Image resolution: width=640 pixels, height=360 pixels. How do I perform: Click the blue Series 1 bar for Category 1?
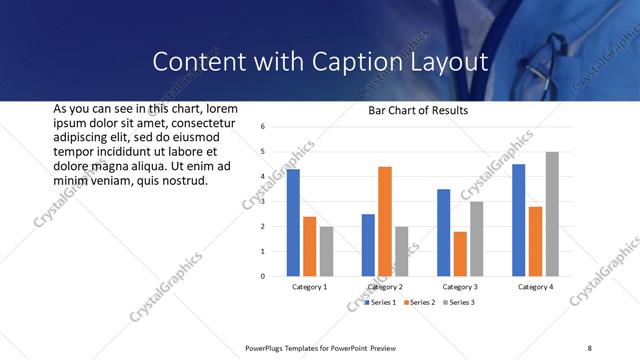293,223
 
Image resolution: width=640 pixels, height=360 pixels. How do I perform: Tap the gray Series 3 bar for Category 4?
552,214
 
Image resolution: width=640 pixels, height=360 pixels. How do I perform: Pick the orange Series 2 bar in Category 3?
460,254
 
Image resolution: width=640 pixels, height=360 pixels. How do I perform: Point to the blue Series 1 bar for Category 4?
518,220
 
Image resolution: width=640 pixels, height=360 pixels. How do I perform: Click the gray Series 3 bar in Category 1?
327,251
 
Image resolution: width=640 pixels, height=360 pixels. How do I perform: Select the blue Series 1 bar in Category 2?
368,245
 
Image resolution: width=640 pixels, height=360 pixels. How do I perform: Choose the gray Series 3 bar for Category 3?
477,239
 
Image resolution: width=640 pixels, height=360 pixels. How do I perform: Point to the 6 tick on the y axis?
261,127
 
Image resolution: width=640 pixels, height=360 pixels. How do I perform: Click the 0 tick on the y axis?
261,276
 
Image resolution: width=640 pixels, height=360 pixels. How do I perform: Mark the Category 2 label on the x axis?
385,287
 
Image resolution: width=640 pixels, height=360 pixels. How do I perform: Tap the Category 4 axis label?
535,287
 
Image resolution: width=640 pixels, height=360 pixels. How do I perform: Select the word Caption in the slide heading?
331,62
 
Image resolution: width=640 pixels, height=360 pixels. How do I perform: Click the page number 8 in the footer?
589,347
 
